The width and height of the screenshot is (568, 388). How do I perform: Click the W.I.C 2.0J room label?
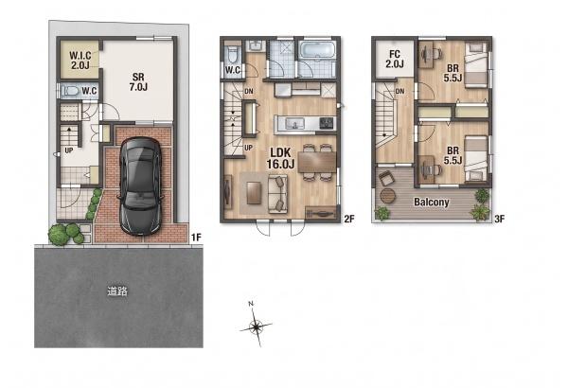coord(80,61)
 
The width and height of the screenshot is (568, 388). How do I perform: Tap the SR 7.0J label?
coord(138,82)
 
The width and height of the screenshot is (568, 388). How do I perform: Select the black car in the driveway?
coord(140,185)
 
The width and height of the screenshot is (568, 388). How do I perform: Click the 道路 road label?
coord(117,291)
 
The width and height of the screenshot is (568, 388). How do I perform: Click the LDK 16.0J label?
coord(281,158)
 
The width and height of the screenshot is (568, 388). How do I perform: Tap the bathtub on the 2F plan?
coord(317,49)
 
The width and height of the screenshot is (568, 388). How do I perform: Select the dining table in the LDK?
coord(317,162)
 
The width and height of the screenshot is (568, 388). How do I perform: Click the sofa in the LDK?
coord(277,194)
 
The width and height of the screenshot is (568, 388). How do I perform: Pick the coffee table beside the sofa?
coord(254,193)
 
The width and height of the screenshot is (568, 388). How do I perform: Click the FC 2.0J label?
coord(395,59)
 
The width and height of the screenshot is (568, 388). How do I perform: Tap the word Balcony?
coord(432,202)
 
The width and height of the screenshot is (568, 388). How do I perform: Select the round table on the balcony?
coord(387,196)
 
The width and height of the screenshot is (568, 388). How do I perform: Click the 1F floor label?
coord(196,238)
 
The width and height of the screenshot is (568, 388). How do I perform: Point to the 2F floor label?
coord(348,219)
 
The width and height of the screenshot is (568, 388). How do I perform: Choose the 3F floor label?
coord(500,219)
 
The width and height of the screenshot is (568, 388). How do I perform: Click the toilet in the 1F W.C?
coord(71,91)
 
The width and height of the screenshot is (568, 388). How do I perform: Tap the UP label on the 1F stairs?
coord(69,150)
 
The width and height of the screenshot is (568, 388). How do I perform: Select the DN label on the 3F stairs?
coord(399,91)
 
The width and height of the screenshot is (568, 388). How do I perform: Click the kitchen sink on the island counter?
coord(294,124)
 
